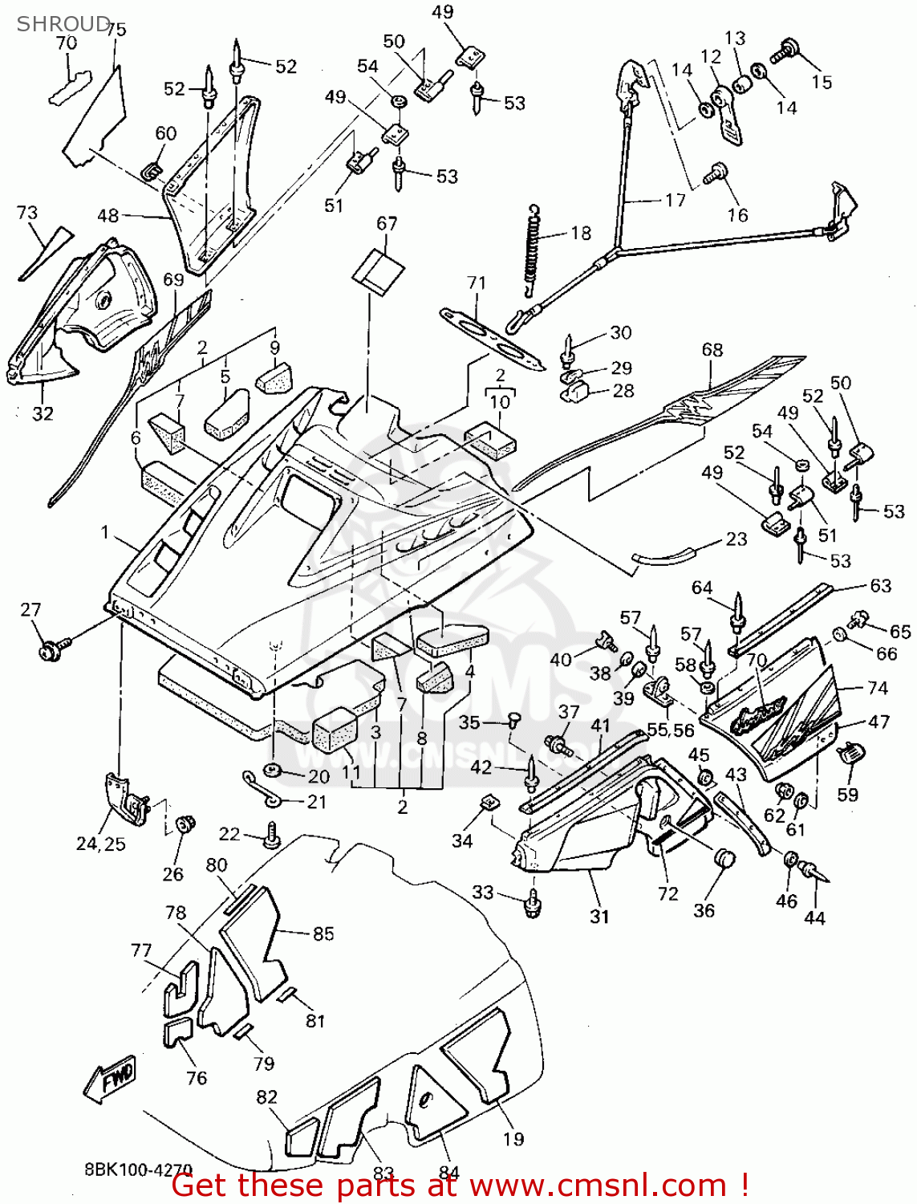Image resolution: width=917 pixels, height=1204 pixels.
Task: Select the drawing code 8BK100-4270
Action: (138, 1169)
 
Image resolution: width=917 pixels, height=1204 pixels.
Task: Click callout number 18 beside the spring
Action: (581, 233)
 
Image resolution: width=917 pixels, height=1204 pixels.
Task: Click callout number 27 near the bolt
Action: (30, 610)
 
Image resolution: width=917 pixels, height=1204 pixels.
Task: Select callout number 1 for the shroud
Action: (104, 532)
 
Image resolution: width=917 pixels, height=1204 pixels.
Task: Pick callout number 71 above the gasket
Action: (477, 283)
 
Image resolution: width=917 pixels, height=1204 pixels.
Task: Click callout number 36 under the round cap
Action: (704, 910)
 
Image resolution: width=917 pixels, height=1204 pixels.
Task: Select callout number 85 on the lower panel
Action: (323, 934)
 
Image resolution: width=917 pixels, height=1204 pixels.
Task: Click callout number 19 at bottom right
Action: (513, 1138)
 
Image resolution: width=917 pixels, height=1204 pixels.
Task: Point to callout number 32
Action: (43, 413)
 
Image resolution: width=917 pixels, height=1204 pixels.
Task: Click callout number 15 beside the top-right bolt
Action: (822, 81)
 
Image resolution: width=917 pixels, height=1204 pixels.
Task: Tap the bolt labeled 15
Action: (784, 52)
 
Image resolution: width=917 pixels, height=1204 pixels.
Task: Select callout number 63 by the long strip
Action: (880, 585)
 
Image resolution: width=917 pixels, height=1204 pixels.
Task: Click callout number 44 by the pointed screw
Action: (814, 917)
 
